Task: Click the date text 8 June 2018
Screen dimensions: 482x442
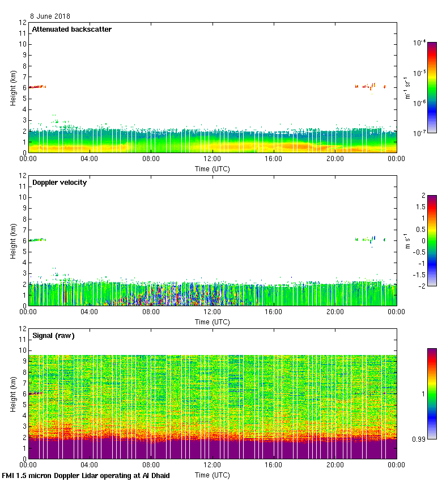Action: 50,16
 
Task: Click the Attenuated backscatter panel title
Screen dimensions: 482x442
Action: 72,29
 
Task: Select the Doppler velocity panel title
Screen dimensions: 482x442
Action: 59,183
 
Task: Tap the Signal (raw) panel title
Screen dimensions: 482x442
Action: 53,336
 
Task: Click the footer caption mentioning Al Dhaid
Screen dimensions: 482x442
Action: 86,475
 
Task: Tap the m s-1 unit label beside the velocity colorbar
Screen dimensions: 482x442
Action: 407,241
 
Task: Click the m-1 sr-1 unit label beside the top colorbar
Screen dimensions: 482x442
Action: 407,88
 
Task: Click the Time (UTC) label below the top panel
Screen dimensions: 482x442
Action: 212,168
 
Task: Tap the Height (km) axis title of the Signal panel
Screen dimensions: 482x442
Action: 12,394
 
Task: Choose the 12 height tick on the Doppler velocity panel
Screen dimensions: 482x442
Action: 23,176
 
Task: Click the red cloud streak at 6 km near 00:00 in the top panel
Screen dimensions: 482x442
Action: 37,87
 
